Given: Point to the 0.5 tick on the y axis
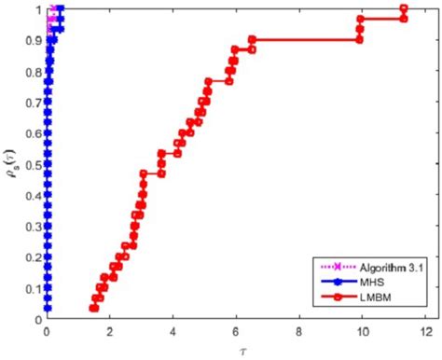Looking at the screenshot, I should [x=33, y=164].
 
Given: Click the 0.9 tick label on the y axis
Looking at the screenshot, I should [x=33, y=41].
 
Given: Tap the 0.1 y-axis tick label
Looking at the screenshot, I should [x=33, y=288].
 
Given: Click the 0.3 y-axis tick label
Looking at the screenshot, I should [x=33, y=227].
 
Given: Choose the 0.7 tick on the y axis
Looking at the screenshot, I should [x=33, y=103].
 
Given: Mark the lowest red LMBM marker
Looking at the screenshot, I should [x=93, y=309].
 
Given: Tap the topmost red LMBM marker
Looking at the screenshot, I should [x=403, y=9].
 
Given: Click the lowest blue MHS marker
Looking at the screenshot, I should [x=48, y=309].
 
